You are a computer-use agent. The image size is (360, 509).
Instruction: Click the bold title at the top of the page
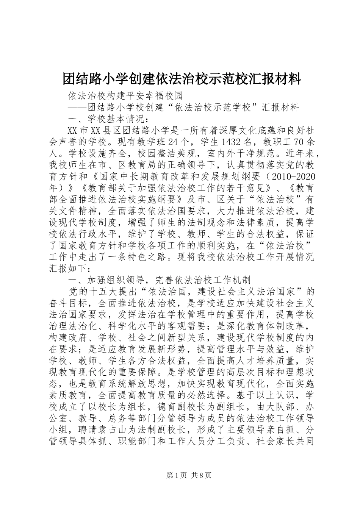182,79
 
